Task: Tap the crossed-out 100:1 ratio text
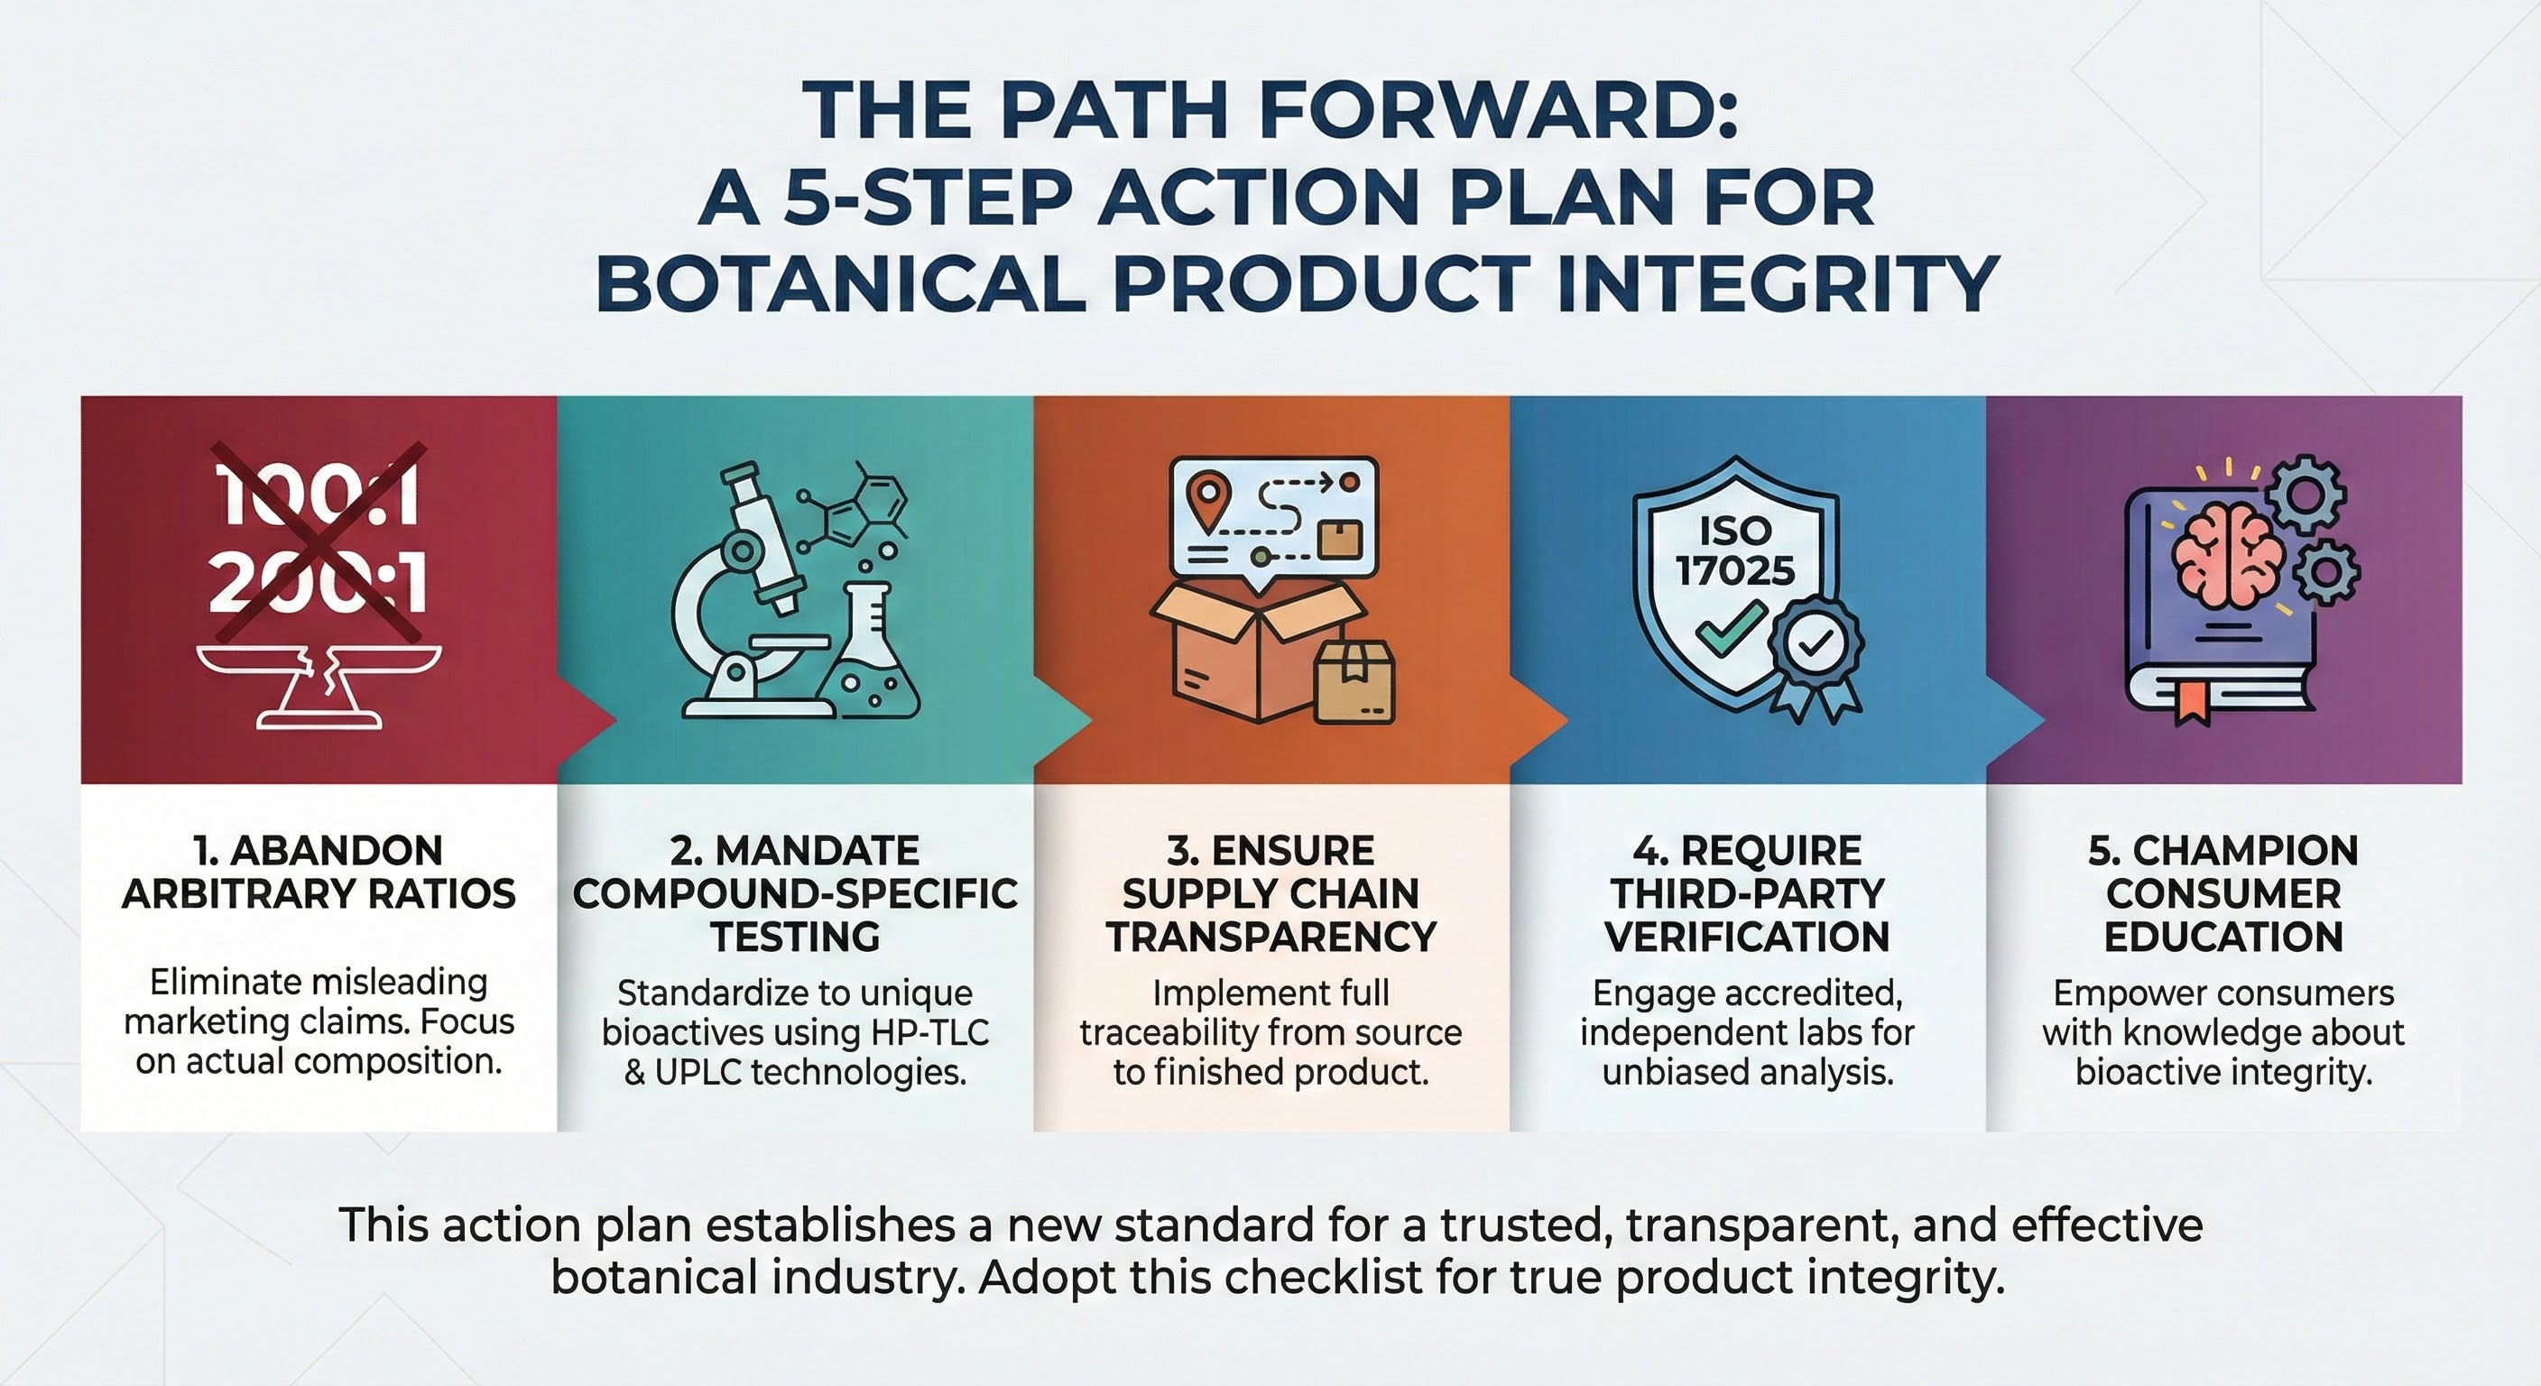pos(319,495)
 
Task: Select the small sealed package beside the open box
pos(1354,683)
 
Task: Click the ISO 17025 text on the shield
pos(1735,550)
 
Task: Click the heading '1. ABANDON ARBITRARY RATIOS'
pos(319,872)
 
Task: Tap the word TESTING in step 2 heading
pos(795,936)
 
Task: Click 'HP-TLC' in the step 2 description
pos(929,1033)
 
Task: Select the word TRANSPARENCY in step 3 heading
pos(1270,936)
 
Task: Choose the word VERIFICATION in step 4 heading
pos(1747,936)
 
